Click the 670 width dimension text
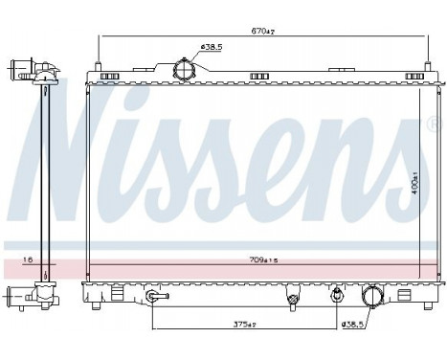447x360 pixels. pyautogui.click(x=264, y=32)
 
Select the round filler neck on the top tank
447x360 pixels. pyautogui.click(x=182, y=70)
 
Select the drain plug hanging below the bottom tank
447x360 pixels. pyautogui.click(x=292, y=302)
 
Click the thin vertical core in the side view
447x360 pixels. pyautogui.click(x=44, y=182)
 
